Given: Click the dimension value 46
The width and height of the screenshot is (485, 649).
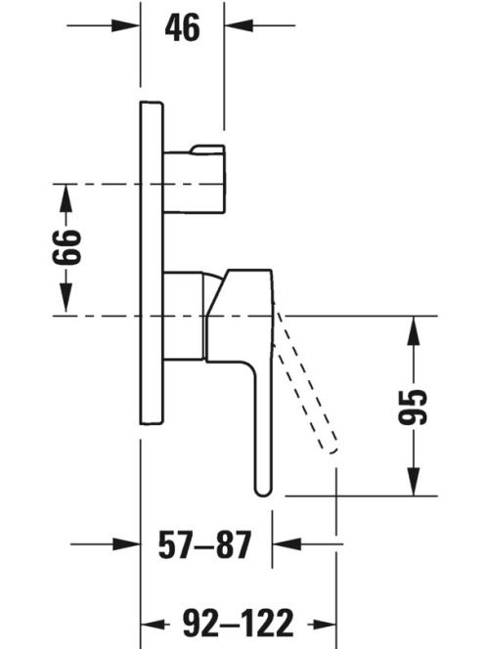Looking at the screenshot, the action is tap(182, 27).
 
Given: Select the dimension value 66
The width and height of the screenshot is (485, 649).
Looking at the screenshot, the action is tap(66, 246).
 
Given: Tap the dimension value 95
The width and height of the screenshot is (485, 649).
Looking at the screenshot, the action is tap(413, 407).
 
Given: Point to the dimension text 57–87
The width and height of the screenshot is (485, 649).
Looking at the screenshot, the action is tap(205, 543).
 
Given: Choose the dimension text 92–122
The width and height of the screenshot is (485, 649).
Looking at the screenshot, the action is tap(239, 623).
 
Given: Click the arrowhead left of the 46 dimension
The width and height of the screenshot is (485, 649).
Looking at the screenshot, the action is tap(125, 25).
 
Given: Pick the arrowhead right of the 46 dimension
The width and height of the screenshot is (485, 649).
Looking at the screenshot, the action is tap(239, 25).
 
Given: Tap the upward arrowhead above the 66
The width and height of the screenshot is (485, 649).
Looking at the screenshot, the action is tap(66, 198).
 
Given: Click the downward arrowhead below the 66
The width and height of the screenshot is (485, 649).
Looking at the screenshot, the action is tap(66, 297).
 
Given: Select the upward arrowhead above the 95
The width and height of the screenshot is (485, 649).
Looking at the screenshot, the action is tap(414, 330).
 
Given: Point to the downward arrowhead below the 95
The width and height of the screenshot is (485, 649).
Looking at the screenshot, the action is tap(414, 481).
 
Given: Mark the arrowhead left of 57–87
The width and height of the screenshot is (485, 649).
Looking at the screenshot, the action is tap(126, 543).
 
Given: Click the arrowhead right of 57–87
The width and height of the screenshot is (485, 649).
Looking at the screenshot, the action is tap(287, 543).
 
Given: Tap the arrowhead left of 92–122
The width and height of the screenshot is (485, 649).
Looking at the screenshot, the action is tap(155, 624).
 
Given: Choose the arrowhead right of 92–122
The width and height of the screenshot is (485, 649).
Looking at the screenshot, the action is tap(322, 624).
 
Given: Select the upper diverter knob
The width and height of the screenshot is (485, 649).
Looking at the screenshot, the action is tap(195, 179).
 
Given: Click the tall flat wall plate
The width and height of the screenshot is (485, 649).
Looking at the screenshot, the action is tap(152, 262).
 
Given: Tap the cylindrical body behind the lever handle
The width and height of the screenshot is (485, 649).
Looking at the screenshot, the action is tap(184, 316).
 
